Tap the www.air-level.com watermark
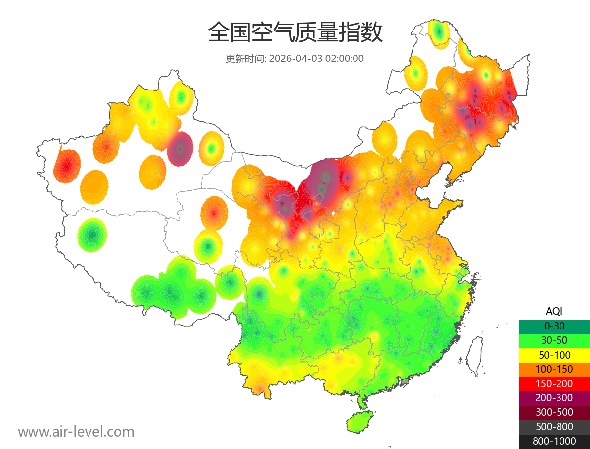[76, 432]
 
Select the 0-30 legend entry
[554, 326]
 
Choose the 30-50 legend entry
[554, 340]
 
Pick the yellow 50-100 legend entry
[554, 355]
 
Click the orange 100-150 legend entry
[554, 369]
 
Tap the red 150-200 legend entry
[554, 384]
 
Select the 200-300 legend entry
[554, 398]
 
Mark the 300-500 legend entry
[554, 412]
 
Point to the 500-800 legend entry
[554, 427]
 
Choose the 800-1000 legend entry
[554, 441]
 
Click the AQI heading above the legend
[554, 311]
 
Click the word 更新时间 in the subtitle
[244, 59]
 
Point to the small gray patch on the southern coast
[405, 381]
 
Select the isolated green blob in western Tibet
[92, 235]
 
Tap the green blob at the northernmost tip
[439, 33]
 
